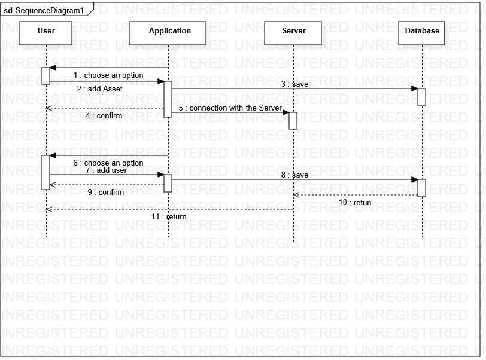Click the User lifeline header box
coord(46,33)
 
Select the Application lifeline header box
coord(169,33)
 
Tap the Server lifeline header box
coord(293,33)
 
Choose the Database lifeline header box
coord(422,33)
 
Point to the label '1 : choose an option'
coord(108,75)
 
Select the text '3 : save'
coord(295,84)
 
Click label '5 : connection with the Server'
coord(230,108)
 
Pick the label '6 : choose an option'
coord(108,163)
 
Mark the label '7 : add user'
coord(106,170)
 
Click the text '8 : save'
coord(295,175)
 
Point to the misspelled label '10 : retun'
coord(355,202)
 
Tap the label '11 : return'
coord(169,216)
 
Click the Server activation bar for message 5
coord(293,120)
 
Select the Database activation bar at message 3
coord(421,96)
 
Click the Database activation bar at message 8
coord(421,187)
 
